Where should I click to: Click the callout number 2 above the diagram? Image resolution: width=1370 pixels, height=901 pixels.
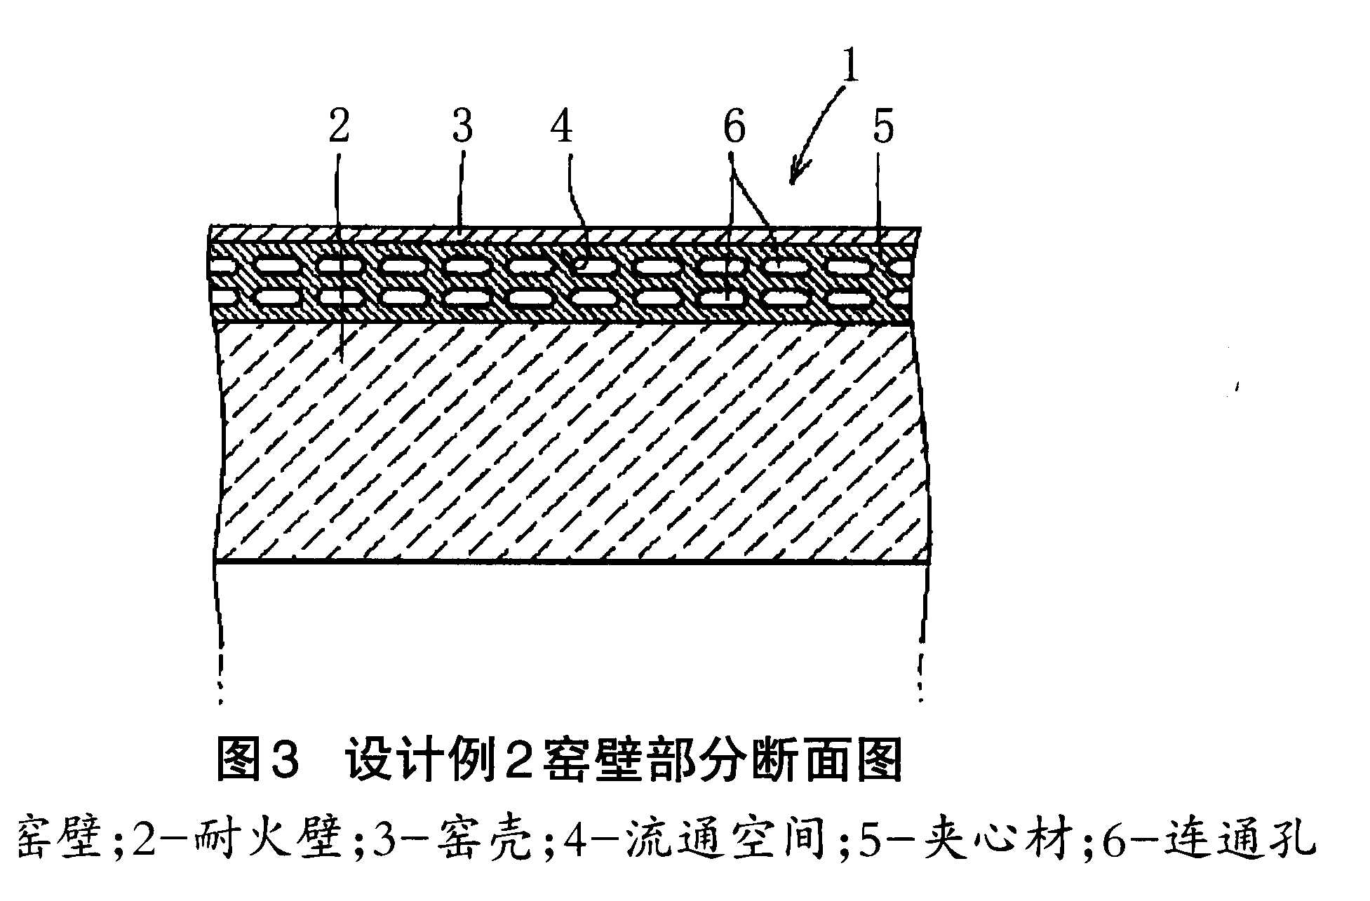pos(339,128)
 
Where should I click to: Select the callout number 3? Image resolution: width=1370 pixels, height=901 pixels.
pos(462,128)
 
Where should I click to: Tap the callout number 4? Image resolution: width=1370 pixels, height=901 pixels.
pos(561,128)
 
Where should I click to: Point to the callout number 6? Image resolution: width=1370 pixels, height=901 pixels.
pos(734,128)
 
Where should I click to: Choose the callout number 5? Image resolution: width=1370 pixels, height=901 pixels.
pos(882,128)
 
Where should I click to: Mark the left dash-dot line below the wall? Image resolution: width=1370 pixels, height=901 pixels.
pos(220,631)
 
